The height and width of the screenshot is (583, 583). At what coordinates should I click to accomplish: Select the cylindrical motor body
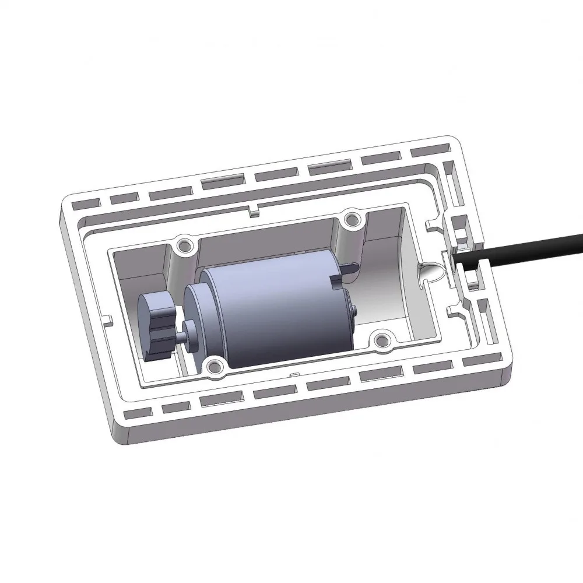[x=274, y=315]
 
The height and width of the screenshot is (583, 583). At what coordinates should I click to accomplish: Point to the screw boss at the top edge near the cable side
[x=350, y=219]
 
